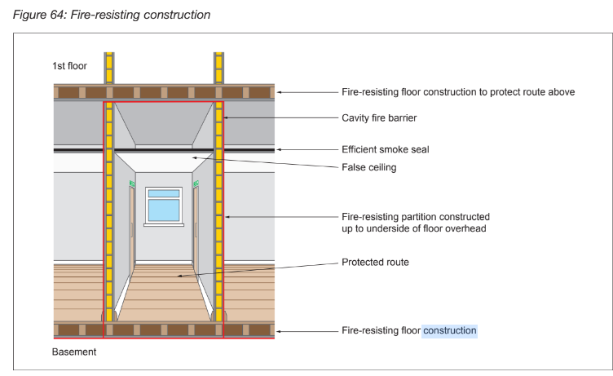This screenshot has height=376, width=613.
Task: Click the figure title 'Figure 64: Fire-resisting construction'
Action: [112, 15]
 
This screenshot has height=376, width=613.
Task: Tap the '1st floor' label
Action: [69, 66]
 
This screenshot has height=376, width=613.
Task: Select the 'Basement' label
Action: [74, 352]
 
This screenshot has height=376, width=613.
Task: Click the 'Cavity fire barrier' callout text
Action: [379, 117]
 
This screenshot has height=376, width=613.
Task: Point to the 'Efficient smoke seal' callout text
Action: [386, 149]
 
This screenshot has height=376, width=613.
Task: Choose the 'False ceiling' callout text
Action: [369, 167]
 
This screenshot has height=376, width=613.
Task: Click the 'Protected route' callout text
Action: [375, 262]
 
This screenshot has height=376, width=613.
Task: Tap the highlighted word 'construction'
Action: [450, 330]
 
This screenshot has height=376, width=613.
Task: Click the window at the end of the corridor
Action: [164, 205]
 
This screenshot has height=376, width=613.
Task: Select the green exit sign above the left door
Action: [132, 184]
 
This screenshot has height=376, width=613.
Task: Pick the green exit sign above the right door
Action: [196, 184]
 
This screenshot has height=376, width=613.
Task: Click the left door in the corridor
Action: [132, 227]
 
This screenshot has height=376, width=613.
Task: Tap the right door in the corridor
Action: [196, 227]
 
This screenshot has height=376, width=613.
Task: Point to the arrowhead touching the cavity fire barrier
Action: [226, 117]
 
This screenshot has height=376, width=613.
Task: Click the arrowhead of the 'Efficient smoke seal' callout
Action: [279, 149]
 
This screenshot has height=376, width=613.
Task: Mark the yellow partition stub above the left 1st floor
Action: [109, 68]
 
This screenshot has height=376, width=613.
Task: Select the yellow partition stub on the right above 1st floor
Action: [218, 68]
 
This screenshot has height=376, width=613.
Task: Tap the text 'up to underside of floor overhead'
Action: [414, 228]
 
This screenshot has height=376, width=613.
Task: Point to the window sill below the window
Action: [164, 225]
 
